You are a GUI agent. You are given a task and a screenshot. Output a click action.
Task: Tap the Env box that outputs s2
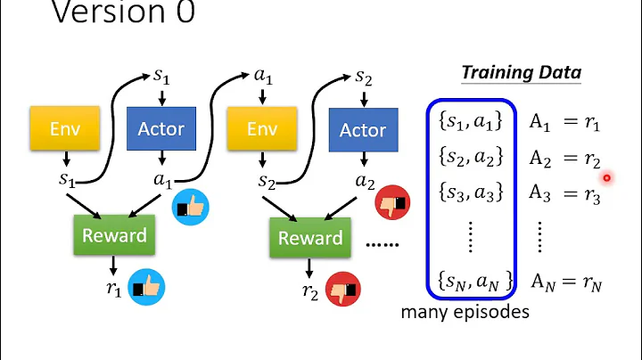coord(262,129)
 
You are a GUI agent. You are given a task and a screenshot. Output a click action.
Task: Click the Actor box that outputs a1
coord(160,128)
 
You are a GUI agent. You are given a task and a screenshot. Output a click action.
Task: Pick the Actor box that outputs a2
coord(363,130)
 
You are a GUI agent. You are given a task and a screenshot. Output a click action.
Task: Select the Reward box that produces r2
coord(310,238)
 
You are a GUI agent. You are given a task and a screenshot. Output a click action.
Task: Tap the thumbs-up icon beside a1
coord(188,207)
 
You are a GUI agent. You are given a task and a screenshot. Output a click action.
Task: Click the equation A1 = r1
coord(565,123)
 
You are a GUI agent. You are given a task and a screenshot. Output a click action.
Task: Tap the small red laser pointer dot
coord(606,177)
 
